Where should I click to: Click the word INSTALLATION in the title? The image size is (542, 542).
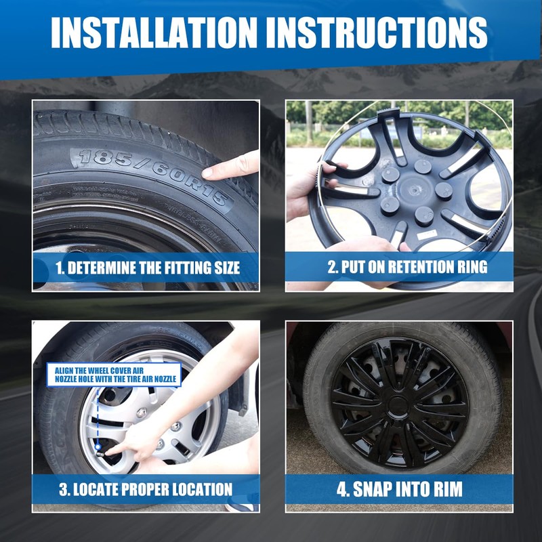154,32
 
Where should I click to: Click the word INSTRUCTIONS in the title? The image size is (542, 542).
377,32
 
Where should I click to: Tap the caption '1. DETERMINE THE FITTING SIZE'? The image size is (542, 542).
148,268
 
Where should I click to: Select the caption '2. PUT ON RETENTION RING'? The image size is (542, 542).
408,267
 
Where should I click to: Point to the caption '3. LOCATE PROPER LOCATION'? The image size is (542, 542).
146,489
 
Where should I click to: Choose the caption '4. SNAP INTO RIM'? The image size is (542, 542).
400,489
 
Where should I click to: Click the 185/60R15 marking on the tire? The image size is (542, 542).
152,175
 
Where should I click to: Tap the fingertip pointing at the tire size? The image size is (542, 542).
208,172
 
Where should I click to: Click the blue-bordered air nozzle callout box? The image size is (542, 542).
114,375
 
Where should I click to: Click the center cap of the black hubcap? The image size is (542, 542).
398,404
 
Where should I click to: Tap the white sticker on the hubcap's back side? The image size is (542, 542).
426,235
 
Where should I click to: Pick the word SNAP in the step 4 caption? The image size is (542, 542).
371,489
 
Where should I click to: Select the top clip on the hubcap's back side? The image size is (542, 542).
388,112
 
